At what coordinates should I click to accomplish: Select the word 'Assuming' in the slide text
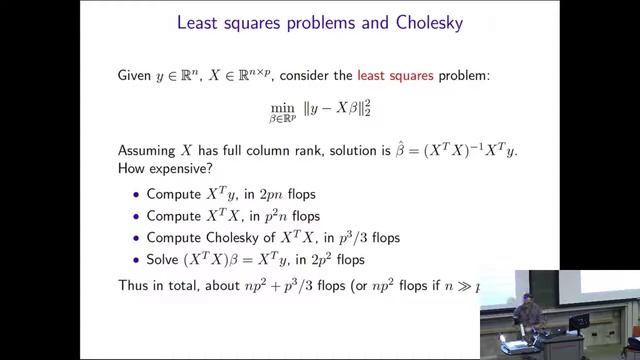147,150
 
